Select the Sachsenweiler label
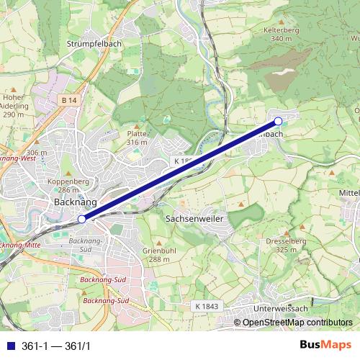pyautogui.click(x=195, y=217)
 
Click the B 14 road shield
pyautogui.click(x=68, y=99)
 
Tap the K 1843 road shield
pyautogui.click(x=206, y=306)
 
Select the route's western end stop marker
pyautogui.click(x=82, y=218)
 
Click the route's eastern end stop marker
pyautogui.click(x=279, y=121)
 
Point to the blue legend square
pyautogui.click(x=9, y=346)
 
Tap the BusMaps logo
pyautogui.click(x=325, y=345)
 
